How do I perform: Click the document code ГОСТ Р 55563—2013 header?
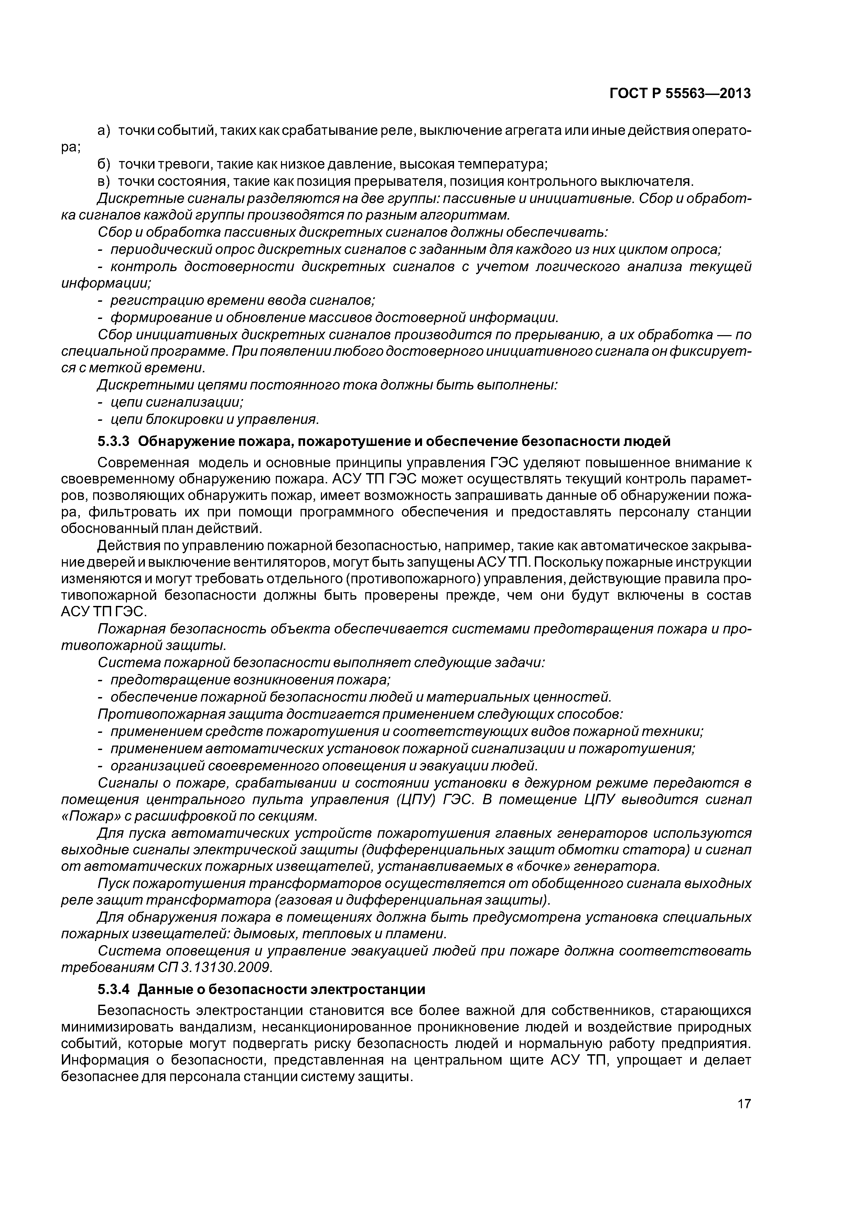(680, 94)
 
